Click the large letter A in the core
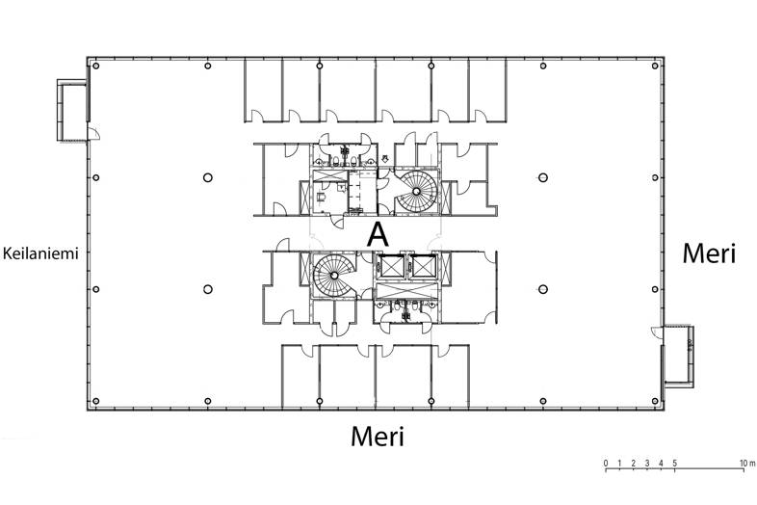[x=378, y=233]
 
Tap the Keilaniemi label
[x=39, y=253]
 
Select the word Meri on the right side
[x=709, y=253]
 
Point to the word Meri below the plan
[x=377, y=437]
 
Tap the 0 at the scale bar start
[x=606, y=464]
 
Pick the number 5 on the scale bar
[x=675, y=464]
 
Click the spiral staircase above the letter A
[x=417, y=190]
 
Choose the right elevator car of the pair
[x=422, y=267]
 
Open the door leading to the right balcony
[x=658, y=332]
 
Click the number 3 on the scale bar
[x=647, y=464]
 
